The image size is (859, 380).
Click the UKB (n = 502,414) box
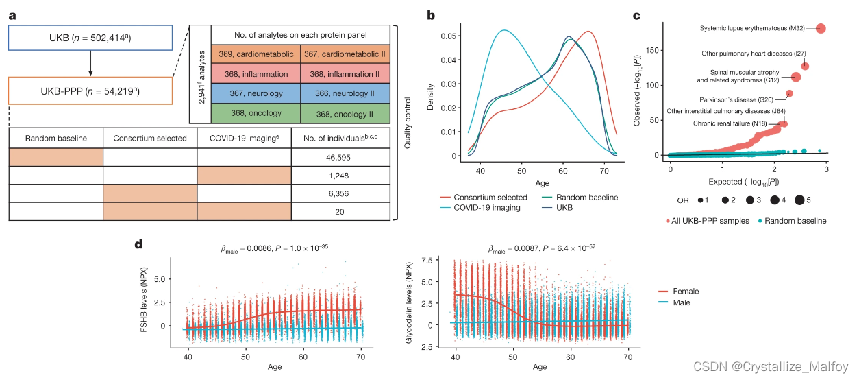[x=90, y=38]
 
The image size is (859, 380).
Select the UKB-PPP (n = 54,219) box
[x=90, y=91]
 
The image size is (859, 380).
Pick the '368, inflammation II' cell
[x=344, y=73]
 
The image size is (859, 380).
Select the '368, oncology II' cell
[x=344, y=113]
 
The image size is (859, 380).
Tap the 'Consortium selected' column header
[x=150, y=138]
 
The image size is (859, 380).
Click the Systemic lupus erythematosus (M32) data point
[x=821, y=28]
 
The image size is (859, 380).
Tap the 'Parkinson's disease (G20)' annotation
[x=745, y=100]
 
